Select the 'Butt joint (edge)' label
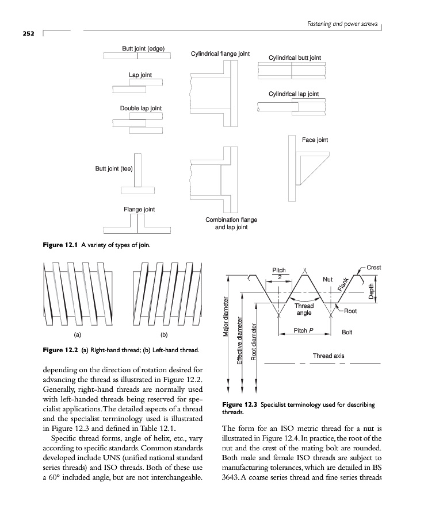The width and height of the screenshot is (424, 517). [143, 48]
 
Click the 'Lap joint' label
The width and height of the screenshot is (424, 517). [140, 75]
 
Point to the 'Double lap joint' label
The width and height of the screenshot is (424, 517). [141, 108]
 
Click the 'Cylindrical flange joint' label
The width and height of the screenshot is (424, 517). [220, 53]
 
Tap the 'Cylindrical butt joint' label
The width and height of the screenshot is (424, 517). [295, 57]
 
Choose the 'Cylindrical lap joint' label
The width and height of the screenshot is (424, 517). [293, 94]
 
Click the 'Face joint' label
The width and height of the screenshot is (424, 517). [315, 140]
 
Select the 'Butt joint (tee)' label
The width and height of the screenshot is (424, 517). [114, 169]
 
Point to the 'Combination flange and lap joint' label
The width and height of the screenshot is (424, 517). [231, 223]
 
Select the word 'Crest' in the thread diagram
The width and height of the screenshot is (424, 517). [373, 268]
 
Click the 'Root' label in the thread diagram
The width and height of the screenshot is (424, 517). [350, 311]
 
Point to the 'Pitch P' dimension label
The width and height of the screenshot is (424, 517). [304, 330]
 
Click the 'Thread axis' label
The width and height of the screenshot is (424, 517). [328, 356]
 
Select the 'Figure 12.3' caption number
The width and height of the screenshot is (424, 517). [239, 404]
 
